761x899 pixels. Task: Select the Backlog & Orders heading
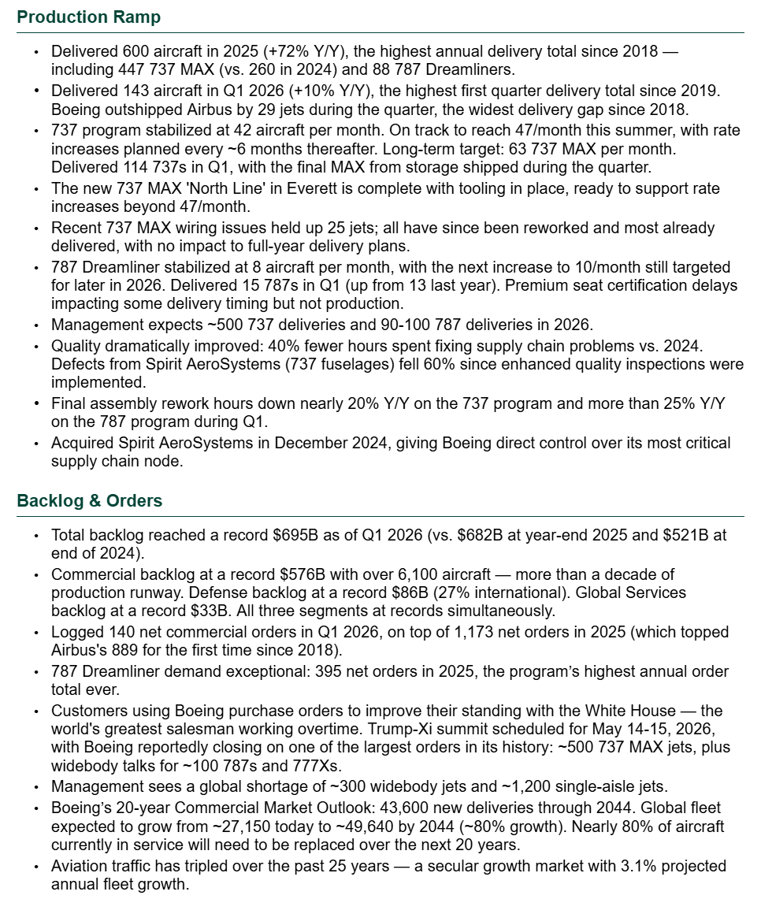click(90, 501)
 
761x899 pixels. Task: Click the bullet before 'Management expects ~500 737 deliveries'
click(35, 325)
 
